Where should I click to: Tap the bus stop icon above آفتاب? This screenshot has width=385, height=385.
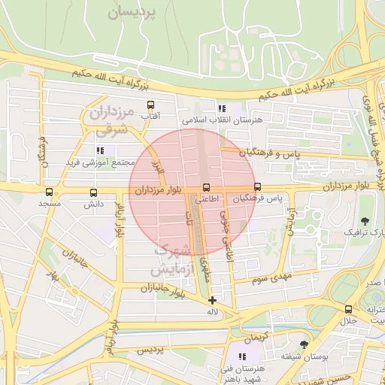point(150,105)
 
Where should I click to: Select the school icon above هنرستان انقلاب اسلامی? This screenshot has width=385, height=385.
point(221,109)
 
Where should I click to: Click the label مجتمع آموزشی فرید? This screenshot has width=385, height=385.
point(100,162)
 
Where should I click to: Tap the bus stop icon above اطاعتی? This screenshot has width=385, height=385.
point(207,187)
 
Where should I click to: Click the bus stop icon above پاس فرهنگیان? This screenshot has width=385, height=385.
point(258,186)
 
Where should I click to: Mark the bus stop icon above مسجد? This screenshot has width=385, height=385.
point(50,192)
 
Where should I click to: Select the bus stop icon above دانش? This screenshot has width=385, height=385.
point(93,192)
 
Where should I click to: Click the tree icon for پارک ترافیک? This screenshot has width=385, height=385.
point(365,220)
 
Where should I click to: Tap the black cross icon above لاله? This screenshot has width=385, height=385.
point(213,300)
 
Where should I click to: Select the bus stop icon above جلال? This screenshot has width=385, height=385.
point(348,309)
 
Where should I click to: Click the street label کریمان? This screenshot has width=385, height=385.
point(256,337)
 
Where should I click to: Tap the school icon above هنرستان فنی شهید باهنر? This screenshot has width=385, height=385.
point(243,356)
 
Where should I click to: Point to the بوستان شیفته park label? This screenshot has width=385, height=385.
point(296,355)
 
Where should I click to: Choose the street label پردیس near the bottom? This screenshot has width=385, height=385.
point(149,351)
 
